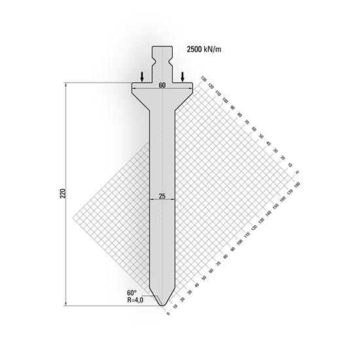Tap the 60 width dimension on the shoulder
point(162,86)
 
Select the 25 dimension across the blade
point(162,196)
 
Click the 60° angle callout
point(133,292)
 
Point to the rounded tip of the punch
point(162,302)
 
